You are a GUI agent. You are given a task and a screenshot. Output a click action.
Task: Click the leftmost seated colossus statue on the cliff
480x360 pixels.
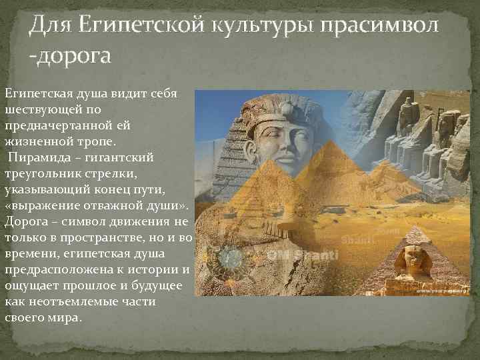click(405, 123)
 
